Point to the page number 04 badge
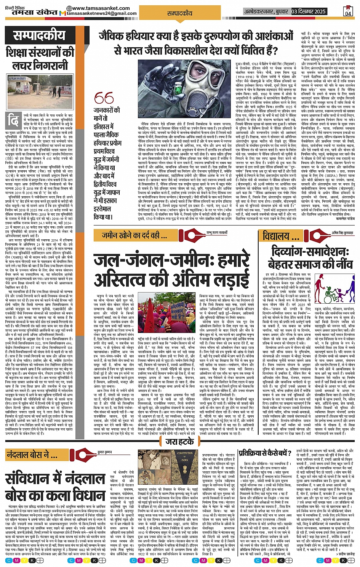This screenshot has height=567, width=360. click(348, 11)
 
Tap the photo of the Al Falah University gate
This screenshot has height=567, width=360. click(40, 90)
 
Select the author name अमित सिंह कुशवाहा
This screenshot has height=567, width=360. click(342, 233)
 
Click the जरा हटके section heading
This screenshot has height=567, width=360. click(179, 442)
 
